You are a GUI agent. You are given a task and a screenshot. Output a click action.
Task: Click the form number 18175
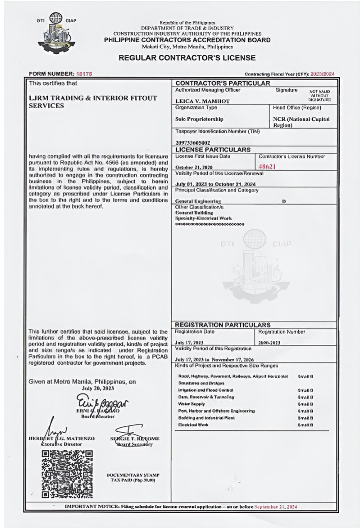pos(84,73)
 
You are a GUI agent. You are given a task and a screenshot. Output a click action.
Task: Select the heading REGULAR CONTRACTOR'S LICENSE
pos(187,58)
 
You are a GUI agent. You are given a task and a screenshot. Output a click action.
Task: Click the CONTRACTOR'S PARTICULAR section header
pos(223,83)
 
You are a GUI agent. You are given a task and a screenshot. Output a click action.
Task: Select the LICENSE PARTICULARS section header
pos(213,149)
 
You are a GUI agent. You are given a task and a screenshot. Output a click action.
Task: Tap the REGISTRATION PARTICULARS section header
pos(223,325)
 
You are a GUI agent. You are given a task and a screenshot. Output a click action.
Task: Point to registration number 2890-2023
pos(269,343)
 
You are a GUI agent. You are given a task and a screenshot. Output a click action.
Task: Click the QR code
pos(67,474)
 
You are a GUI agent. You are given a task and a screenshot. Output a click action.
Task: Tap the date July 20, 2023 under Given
pos(98,388)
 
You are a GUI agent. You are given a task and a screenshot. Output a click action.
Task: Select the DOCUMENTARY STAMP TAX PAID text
pos(133,477)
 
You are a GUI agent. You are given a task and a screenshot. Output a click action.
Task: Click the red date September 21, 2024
pos(276,507)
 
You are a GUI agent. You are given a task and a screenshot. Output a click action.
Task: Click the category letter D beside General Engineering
pos(284,201)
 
